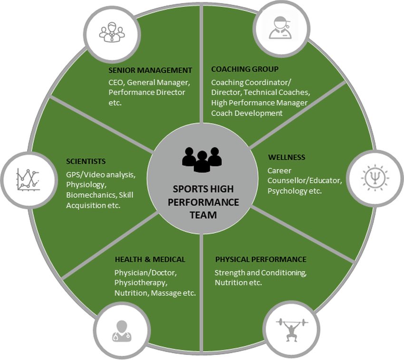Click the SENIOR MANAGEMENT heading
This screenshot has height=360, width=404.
[x=150, y=70]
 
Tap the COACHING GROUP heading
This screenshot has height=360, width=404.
[x=244, y=69]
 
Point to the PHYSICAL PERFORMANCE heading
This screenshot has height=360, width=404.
[x=260, y=259]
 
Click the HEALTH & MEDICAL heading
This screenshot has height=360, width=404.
[x=150, y=259]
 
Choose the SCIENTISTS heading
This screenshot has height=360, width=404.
[x=86, y=161]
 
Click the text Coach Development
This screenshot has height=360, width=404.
[x=247, y=113]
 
